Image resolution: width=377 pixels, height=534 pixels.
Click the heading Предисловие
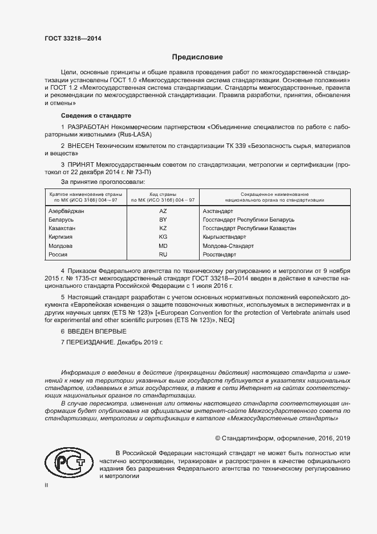coord(198,57)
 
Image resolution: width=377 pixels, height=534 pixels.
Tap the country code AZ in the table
coord(163,211)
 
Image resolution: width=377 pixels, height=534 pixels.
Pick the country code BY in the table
coord(163,219)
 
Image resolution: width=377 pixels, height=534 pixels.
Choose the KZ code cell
coord(163,228)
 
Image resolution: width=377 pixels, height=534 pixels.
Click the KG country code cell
coord(163,236)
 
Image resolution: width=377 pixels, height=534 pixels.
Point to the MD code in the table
coord(163,246)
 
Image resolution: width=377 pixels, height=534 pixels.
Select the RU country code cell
coord(163,254)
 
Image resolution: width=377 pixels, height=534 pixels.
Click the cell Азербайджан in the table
coord(67,211)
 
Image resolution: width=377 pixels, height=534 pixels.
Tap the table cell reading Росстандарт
coord(220,254)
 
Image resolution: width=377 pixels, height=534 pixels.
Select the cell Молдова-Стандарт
coord(228,246)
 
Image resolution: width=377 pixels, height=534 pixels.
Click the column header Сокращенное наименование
coord(275,195)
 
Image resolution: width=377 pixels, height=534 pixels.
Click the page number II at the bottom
coord(47,485)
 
